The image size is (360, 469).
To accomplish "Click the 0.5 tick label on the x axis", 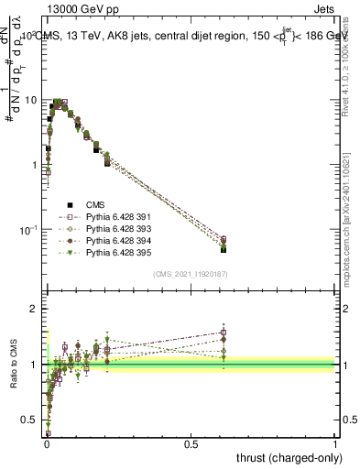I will point(191,443).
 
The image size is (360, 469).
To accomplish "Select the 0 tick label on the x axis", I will point(46,443).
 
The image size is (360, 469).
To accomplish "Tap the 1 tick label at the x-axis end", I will point(335,443).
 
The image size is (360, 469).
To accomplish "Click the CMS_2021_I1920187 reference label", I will point(191,274).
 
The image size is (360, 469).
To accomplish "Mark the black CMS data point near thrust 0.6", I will point(224,249).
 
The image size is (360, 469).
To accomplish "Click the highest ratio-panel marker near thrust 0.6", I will point(224,333).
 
